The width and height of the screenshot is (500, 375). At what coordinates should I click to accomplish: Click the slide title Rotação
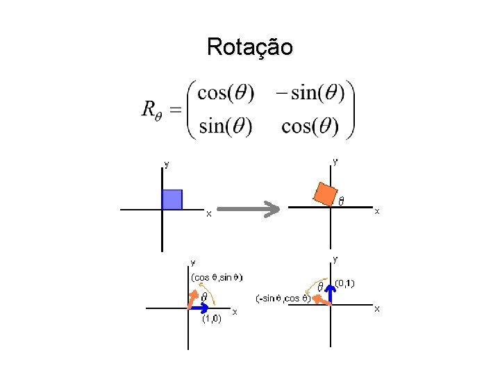click(x=249, y=47)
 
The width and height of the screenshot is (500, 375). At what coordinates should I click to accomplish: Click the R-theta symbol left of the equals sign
click(x=151, y=110)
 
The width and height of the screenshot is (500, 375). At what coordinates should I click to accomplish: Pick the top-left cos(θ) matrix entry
click(x=226, y=92)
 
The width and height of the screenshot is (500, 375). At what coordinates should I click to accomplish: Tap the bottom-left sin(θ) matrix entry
click(x=225, y=126)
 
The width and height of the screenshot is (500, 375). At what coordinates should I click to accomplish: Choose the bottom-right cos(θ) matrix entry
click(x=310, y=126)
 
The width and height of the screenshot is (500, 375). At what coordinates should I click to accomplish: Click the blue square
click(x=172, y=199)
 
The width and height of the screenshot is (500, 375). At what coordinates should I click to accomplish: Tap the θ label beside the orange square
click(x=341, y=201)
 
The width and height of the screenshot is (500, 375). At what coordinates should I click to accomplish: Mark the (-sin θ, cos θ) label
click(x=283, y=298)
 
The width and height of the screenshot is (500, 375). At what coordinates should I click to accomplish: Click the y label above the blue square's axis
click(x=166, y=165)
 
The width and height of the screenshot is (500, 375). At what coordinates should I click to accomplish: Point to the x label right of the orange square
click(x=377, y=210)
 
